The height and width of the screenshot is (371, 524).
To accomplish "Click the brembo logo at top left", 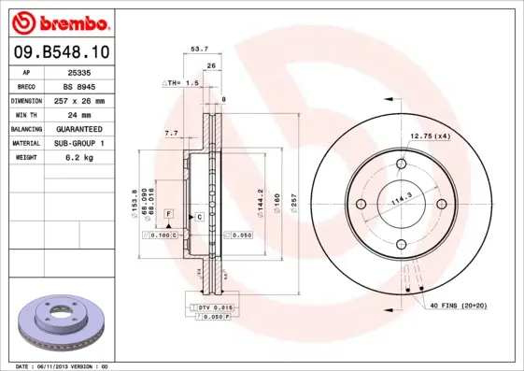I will [x=57, y=21].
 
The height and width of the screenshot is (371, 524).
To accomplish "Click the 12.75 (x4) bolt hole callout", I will [x=431, y=137].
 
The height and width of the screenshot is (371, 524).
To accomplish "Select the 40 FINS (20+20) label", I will [x=458, y=307].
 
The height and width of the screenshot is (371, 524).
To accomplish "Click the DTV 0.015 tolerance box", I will [x=215, y=307].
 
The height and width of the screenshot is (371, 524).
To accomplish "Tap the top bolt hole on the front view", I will [x=402, y=165].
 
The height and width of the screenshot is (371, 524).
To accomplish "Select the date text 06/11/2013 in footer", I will [x=60, y=365].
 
